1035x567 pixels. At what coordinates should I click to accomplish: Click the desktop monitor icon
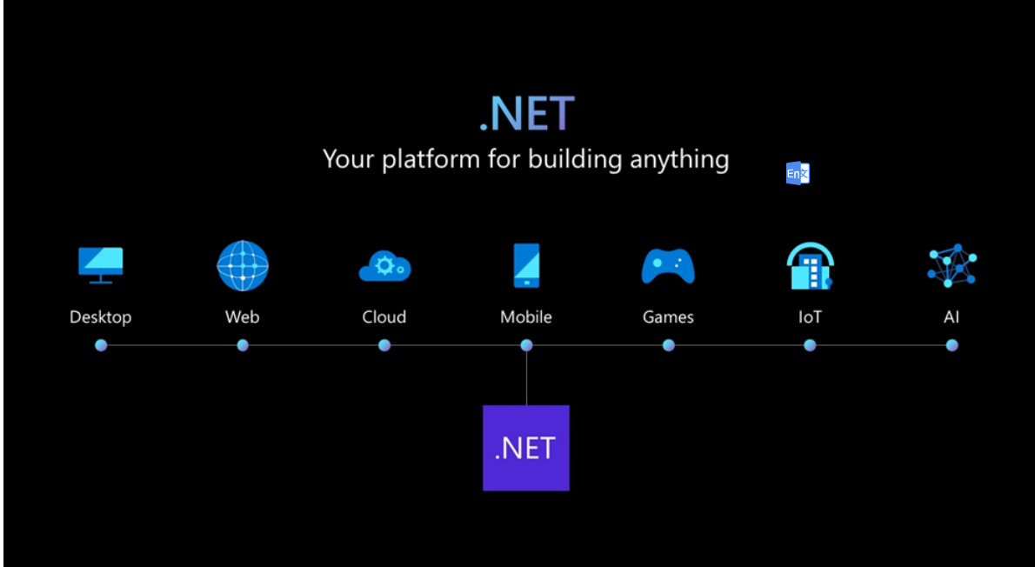tap(101, 264)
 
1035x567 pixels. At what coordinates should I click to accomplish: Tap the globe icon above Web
tap(243, 265)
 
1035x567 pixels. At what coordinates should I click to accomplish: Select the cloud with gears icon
tap(384, 265)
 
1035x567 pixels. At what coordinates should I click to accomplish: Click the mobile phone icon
tap(526, 265)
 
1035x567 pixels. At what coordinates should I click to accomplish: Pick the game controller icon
tap(668, 265)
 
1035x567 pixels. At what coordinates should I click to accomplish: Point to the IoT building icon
tap(810, 266)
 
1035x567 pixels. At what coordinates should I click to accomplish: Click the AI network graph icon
tap(952, 265)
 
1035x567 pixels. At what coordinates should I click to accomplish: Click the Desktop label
tap(101, 317)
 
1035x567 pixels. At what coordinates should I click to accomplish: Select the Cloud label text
tap(384, 317)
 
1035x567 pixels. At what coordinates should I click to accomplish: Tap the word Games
tap(668, 317)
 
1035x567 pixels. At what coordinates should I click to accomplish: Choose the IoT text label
tap(810, 317)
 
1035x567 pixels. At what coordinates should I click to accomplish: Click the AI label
tap(952, 317)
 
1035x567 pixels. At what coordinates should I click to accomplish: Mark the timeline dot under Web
tap(243, 345)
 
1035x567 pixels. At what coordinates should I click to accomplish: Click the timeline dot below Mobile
tap(526, 345)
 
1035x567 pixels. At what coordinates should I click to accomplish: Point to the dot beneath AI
tap(952, 345)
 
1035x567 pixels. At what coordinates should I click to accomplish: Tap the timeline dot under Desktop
tap(101, 345)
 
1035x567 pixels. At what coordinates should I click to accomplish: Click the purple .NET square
tap(526, 448)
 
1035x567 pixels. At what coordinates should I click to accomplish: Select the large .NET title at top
tap(526, 114)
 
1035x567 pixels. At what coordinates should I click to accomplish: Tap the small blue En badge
tap(798, 173)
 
